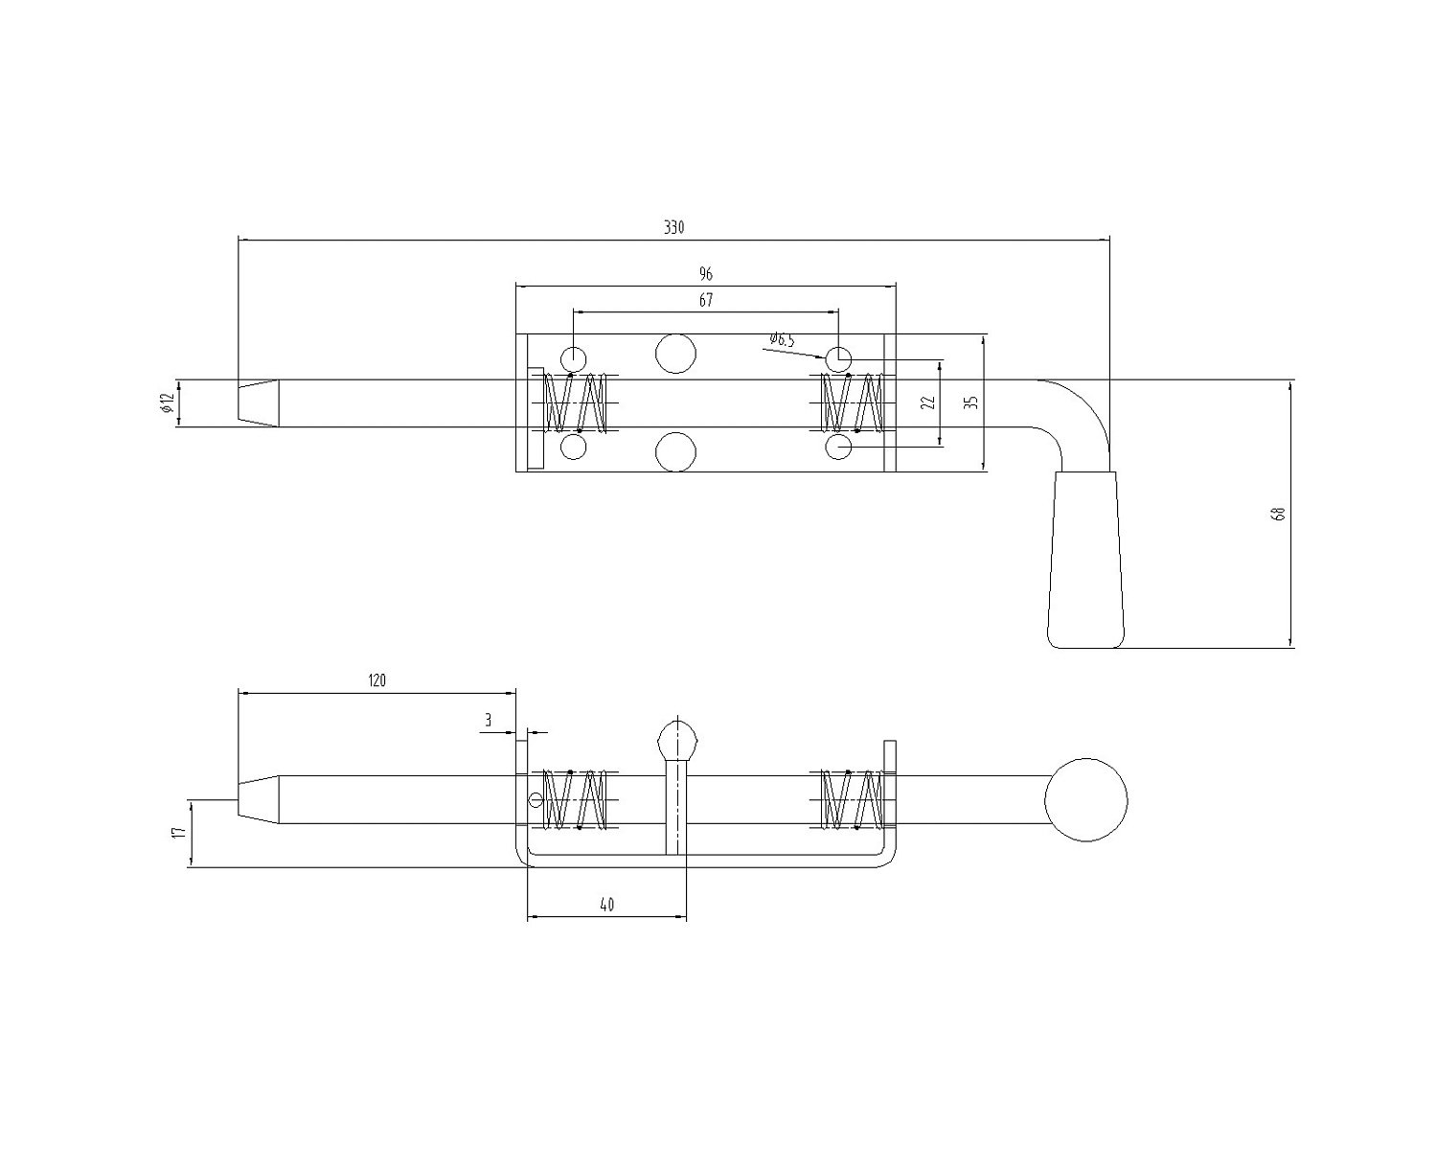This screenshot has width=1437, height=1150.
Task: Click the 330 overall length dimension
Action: [x=673, y=227]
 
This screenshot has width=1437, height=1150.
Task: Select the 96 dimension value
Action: [x=706, y=273]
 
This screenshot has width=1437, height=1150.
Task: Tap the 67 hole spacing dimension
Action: [x=706, y=300]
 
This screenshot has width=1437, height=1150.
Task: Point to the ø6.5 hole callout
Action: [x=782, y=339]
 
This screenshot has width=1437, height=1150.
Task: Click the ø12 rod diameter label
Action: [x=167, y=402]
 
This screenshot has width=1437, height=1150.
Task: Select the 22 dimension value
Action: [x=928, y=402]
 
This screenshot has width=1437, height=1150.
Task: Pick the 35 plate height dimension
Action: [x=972, y=402]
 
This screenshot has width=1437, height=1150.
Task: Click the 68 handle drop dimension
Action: [x=1280, y=514]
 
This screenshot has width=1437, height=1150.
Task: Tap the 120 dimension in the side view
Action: [x=377, y=680]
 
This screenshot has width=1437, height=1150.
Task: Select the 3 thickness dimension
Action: [x=489, y=720]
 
